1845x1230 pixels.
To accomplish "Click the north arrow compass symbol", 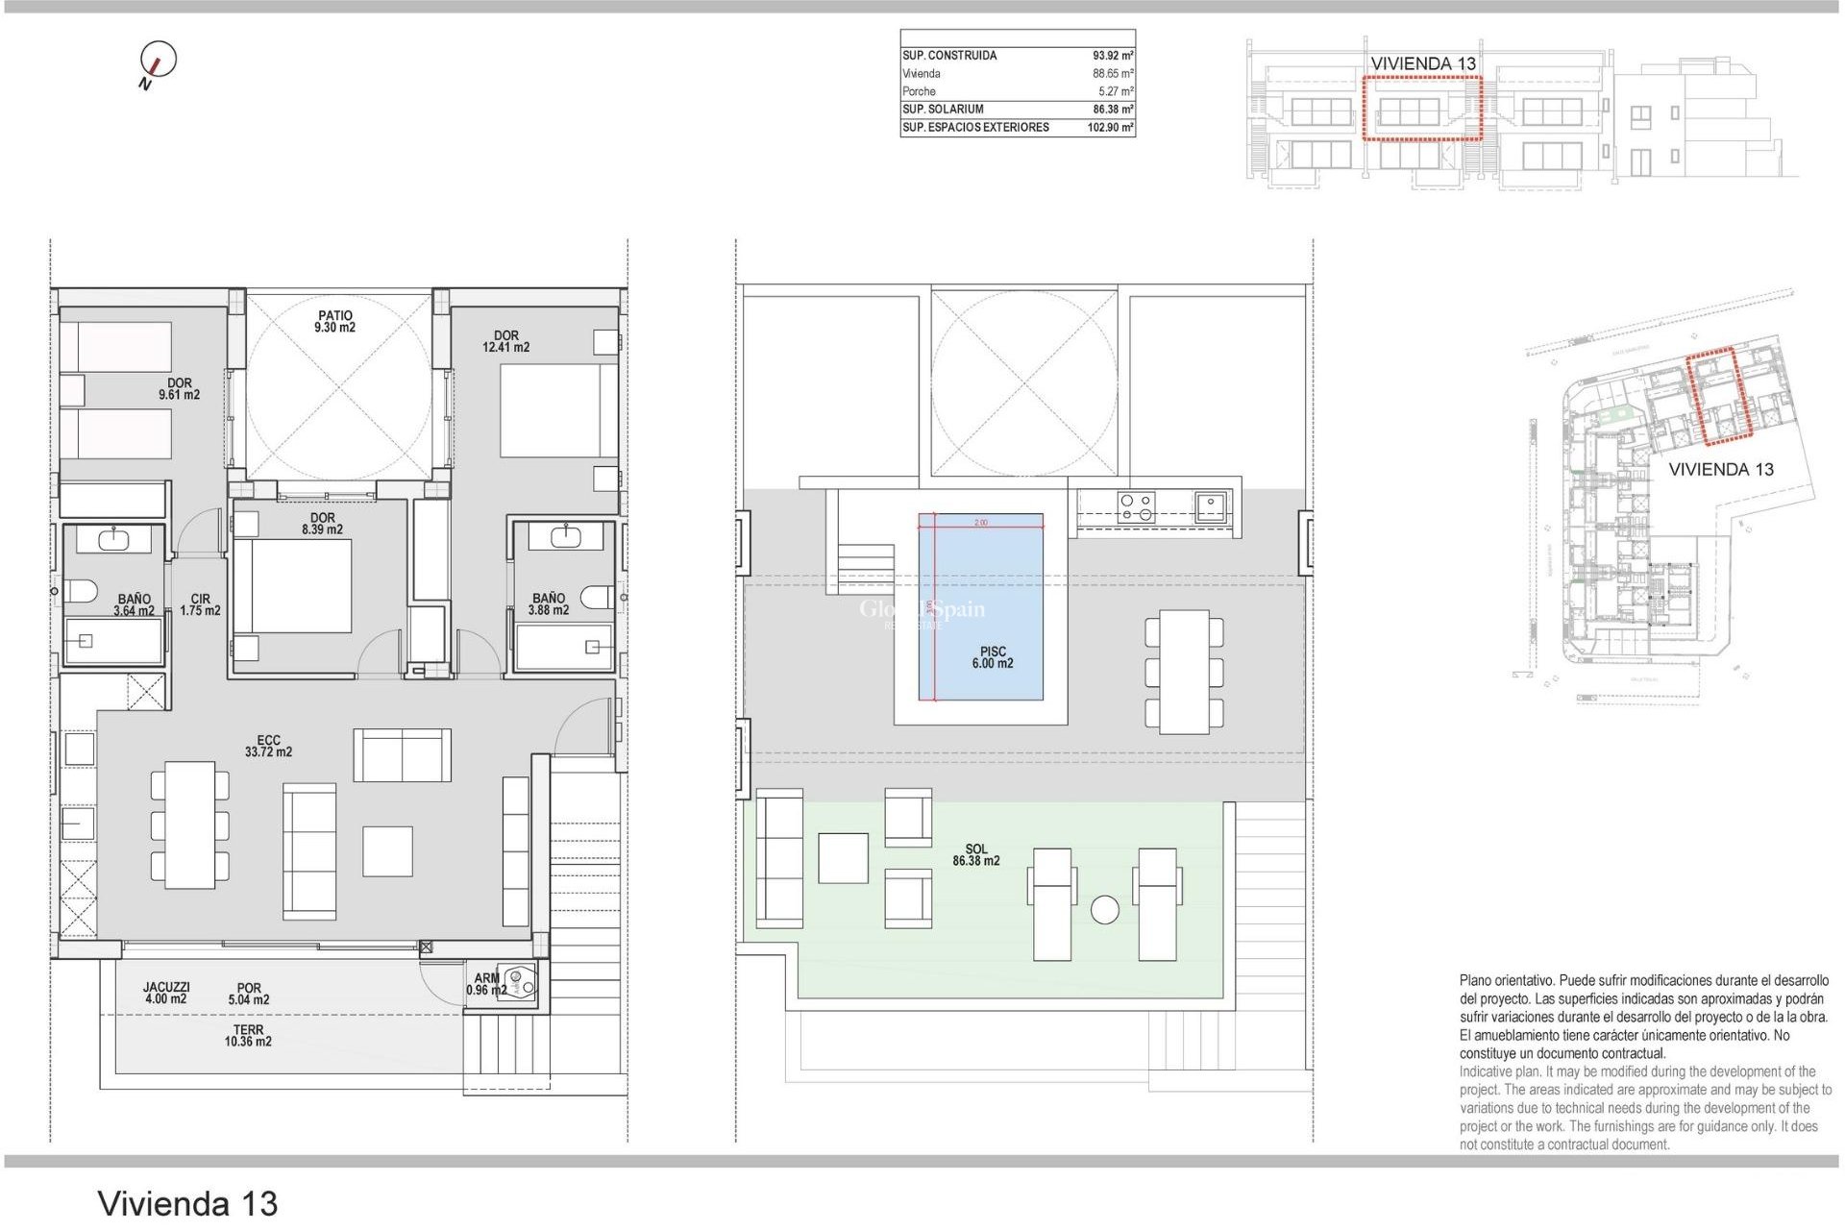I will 158,61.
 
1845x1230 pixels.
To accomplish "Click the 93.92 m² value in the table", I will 1113,56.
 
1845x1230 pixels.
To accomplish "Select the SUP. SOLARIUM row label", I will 943,110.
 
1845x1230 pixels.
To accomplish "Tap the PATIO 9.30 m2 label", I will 334,322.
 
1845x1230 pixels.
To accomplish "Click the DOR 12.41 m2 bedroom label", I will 505,342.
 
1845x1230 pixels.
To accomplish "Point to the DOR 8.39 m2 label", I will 322,524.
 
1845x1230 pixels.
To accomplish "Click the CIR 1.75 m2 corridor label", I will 200,604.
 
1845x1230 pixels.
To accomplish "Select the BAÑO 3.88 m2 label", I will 549,604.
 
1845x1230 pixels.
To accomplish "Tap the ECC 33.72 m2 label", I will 268,747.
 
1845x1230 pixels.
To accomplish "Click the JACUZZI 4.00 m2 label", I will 166,993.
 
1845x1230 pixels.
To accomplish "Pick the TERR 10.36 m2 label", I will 248,1036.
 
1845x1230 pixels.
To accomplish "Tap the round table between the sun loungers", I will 1105,910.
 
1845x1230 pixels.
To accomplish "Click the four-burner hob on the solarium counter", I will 1137,506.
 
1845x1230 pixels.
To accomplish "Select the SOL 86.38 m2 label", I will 976,855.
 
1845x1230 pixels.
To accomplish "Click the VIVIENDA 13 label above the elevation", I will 1422,63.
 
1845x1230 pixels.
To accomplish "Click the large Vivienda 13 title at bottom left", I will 188,1203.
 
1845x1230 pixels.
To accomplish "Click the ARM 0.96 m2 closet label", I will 486,984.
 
